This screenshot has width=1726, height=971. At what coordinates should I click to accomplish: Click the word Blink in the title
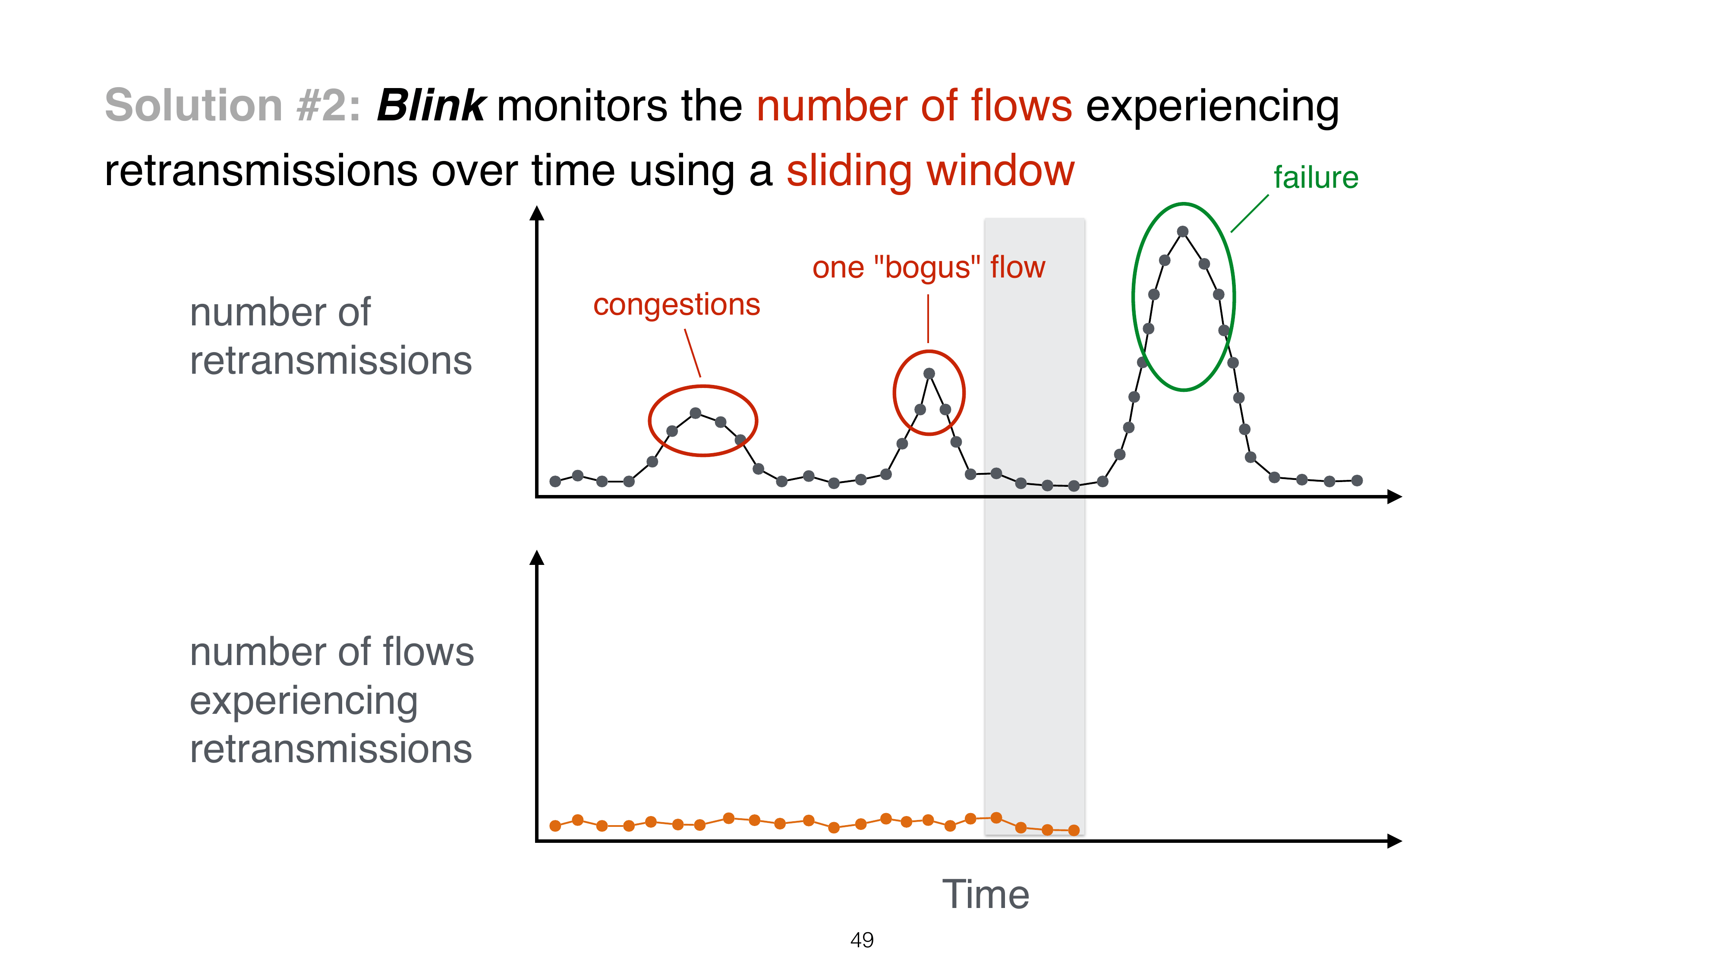(431, 105)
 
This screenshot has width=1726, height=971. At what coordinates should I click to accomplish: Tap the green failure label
(1315, 177)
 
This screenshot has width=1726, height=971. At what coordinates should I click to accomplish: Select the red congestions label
(677, 305)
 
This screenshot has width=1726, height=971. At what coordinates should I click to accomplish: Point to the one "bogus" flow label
(929, 268)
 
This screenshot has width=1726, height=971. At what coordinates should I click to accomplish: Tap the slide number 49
(862, 940)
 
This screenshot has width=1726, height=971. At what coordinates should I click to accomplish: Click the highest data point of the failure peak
(1183, 232)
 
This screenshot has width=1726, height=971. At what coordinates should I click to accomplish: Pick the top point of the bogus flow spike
(929, 374)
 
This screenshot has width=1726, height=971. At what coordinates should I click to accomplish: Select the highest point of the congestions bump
(696, 413)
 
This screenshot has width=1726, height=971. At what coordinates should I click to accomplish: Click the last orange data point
(1074, 830)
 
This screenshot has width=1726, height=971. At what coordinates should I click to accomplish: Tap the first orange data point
(555, 826)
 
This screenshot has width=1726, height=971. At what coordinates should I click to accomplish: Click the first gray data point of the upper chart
(555, 481)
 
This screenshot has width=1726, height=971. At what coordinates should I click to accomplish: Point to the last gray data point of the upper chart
(1357, 480)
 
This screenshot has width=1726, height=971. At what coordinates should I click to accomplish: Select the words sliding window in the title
(930, 171)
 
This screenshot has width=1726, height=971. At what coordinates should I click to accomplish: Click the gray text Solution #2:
(233, 105)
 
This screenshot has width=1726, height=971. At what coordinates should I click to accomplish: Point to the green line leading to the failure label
(1250, 214)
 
